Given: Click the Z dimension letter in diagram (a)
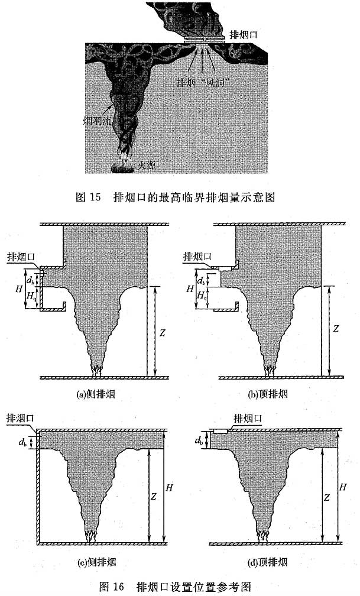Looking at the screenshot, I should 162,333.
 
